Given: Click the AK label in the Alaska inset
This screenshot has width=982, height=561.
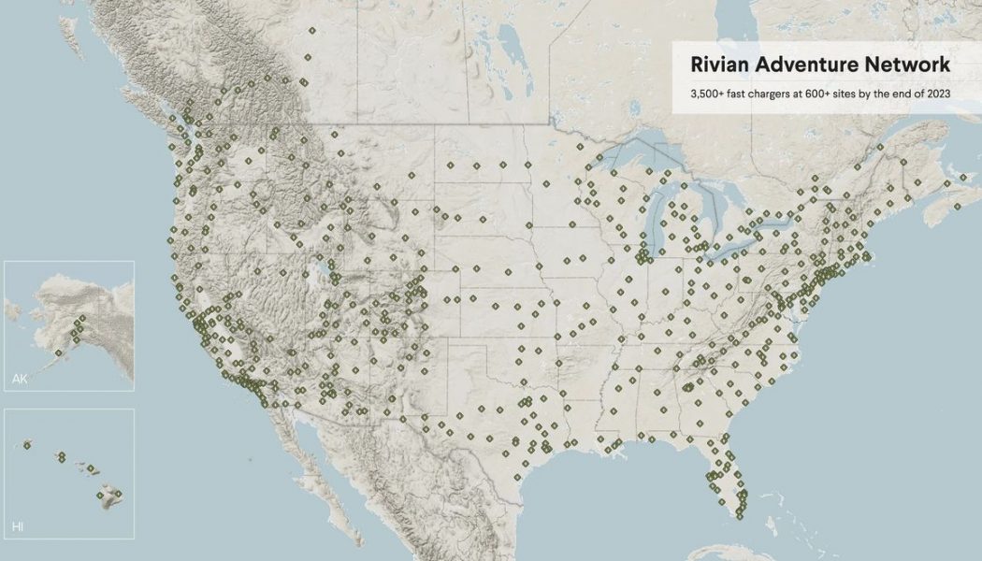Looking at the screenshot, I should point(20,379).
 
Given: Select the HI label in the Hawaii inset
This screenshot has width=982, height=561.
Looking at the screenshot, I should point(18,527).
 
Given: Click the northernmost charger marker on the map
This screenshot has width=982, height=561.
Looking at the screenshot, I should point(310,31).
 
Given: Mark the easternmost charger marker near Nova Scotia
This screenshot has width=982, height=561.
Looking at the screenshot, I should point(963,177).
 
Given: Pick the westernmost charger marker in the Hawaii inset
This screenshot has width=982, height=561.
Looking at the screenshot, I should point(27,445).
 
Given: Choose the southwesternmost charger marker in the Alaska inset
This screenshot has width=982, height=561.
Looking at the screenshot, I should point(59,352).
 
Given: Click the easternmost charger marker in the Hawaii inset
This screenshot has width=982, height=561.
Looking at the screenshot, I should point(118,493).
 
